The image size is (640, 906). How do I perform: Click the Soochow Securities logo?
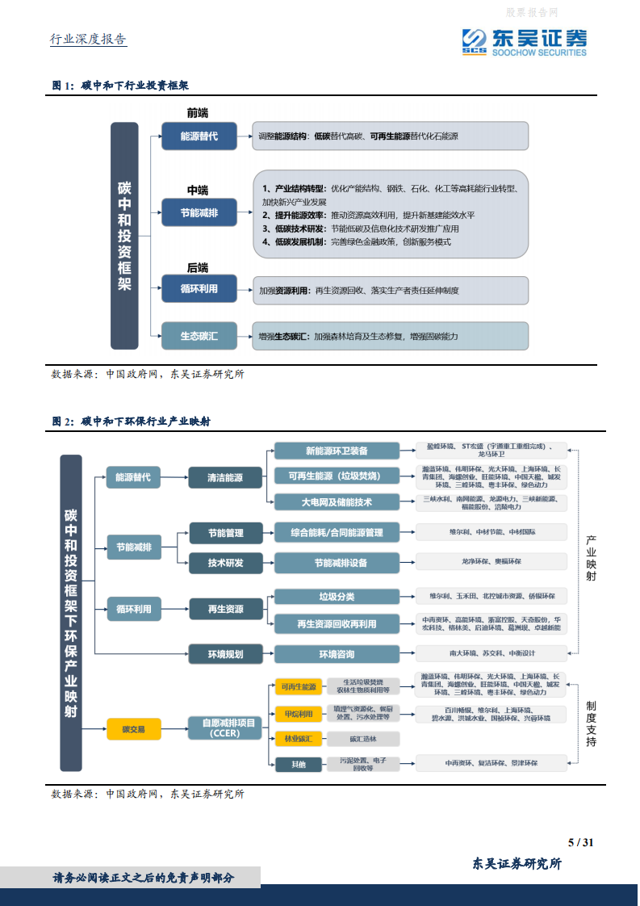pyautogui.click(x=525, y=40)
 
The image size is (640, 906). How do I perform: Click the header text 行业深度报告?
pyautogui.click(x=89, y=39)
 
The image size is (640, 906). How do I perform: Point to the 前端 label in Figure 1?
pyautogui.click(x=198, y=113)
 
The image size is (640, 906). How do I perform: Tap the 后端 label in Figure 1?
pyautogui.click(x=198, y=267)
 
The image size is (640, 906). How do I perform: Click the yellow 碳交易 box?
pyautogui.click(x=134, y=729)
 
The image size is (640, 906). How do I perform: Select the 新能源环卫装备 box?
pyautogui.click(x=337, y=451)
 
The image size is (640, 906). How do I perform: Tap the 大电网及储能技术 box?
pyautogui.click(x=337, y=502)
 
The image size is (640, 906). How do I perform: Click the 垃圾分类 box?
pyautogui.click(x=337, y=597)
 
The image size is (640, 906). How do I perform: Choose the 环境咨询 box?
pyautogui.click(x=337, y=653)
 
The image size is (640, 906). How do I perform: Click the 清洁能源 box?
pyautogui.click(x=225, y=477)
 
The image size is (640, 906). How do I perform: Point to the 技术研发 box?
pyautogui.click(x=225, y=562)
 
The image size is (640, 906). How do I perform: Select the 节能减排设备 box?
pyautogui.click(x=337, y=562)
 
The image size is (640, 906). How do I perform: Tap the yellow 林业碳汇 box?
pyautogui.click(x=299, y=738)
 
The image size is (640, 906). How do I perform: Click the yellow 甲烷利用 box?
pyautogui.click(x=299, y=714)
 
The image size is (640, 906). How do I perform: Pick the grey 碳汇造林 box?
pyautogui.click(x=362, y=738)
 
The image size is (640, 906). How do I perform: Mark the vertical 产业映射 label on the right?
pyautogui.click(x=591, y=557)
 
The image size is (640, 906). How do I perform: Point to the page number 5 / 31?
pyautogui.click(x=581, y=842)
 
